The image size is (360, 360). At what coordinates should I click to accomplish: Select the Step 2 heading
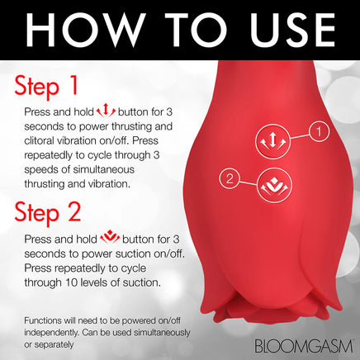(49, 214)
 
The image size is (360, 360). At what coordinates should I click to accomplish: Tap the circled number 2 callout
(230, 177)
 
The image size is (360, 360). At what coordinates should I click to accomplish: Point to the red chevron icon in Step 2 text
(111, 239)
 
